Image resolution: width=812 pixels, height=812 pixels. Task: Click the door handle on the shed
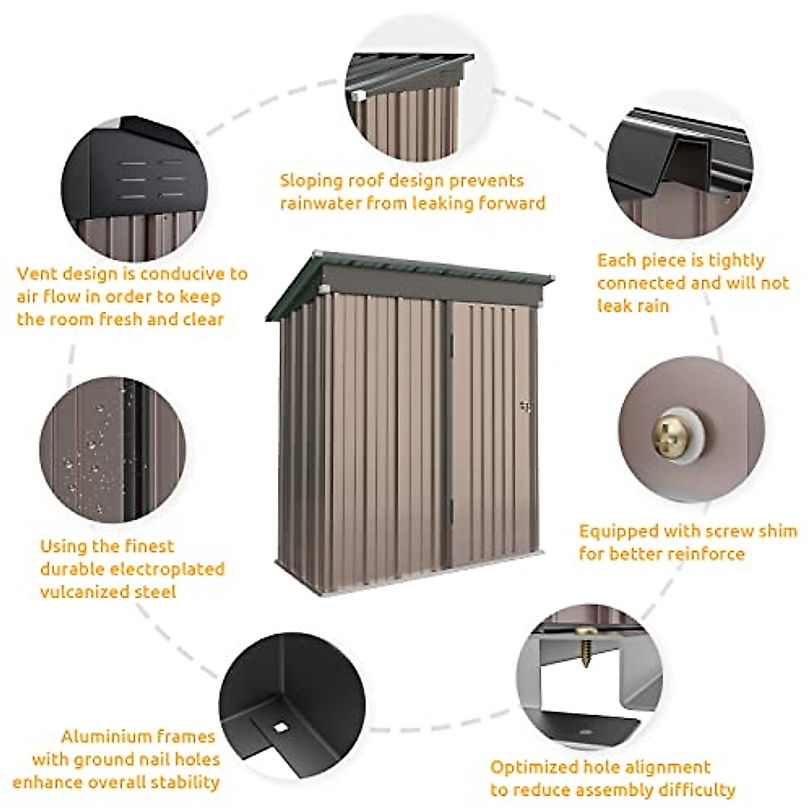526,406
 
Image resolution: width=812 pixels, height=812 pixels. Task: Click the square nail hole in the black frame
279,727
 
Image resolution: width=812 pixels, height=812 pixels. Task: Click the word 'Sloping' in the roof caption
311,181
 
